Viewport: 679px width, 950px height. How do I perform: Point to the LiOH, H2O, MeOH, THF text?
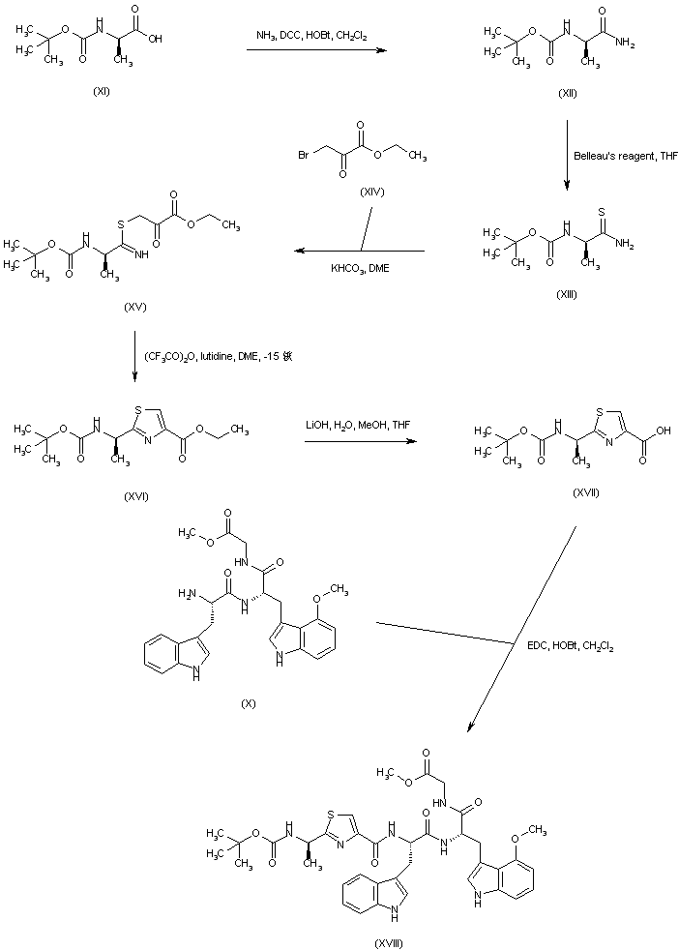(356, 422)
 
